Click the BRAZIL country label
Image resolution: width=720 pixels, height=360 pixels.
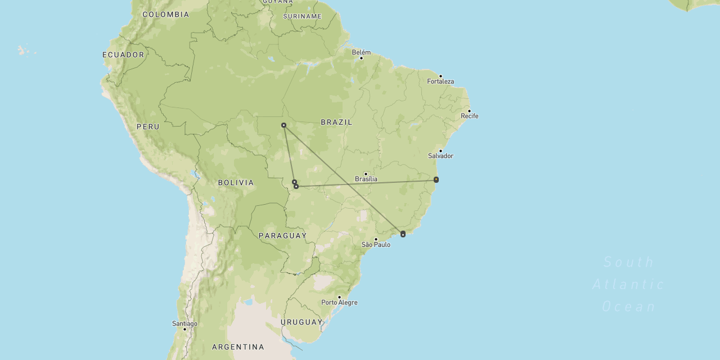point(336,122)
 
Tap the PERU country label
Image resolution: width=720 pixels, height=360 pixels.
point(148,127)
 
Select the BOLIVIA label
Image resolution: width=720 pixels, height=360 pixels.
point(236,183)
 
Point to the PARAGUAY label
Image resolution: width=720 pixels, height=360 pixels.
point(282,236)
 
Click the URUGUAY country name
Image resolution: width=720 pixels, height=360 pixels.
point(301,322)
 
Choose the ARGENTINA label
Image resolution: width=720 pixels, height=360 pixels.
point(238,347)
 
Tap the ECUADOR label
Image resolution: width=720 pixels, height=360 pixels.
point(123,55)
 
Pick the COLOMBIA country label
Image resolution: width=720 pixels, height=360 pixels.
point(166,15)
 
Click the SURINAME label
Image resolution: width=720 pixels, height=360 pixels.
point(302,16)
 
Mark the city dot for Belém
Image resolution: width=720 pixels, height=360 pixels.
point(361,58)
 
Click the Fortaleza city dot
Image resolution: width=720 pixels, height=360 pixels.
point(440,76)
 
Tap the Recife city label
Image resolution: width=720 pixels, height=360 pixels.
point(470,116)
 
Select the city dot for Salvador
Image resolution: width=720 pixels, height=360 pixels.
point(440,151)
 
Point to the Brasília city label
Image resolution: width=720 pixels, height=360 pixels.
point(366,179)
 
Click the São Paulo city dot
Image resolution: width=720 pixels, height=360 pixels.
point(376,239)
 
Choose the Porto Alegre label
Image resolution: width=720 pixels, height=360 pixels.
point(339,303)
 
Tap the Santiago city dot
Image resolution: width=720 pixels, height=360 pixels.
point(184,329)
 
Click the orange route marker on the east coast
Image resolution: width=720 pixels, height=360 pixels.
point(436,179)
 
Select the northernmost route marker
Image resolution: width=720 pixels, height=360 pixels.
point(283,125)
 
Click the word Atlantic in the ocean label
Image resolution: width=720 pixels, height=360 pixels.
point(628,285)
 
